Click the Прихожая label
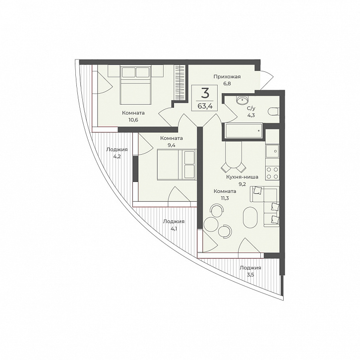click(x=227, y=77)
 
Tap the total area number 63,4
click(x=205, y=106)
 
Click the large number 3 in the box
click(x=205, y=93)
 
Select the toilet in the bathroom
click(x=273, y=112)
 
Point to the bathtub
click(x=243, y=131)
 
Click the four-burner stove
click(x=272, y=173)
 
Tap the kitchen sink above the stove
click(x=272, y=151)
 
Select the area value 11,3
click(x=225, y=198)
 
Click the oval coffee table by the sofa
click(x=250, y=217)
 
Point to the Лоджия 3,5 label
click(x=250, y=271)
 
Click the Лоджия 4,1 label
click(x=174, y=225)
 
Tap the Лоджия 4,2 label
click(x=117, y=153)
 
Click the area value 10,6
click(x=133, y=120)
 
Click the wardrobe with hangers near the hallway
click(x=180, y=82)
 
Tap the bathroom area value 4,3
click(x=251, y=115)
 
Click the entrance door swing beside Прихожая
click(x=267, y=80)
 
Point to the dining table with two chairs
click(x=234, y=156)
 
